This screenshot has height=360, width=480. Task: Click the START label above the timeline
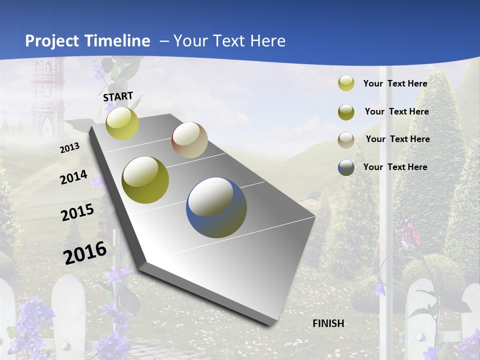click(118, 96)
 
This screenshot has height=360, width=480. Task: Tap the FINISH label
click(328, 323)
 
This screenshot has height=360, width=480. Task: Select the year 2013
click(69, 147)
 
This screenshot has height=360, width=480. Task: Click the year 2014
click(73, 177)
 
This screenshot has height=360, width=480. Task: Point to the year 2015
click(77, 212)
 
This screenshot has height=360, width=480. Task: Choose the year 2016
click(85, 252)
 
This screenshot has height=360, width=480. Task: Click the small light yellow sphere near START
click(122, 123)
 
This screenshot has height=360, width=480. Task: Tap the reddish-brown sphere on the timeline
click(189, 140)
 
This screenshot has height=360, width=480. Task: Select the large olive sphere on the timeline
click(145, 180)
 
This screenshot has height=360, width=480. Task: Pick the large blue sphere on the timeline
click(216, 207)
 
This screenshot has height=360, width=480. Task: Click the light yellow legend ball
click(346, 83)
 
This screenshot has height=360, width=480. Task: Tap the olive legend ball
click(346, 112)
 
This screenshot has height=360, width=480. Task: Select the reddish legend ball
click(346, 139)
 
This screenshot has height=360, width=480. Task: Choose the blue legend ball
click(346, 167)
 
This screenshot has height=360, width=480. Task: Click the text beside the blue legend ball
click(395, 167)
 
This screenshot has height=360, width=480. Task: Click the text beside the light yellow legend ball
click(395, 83)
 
